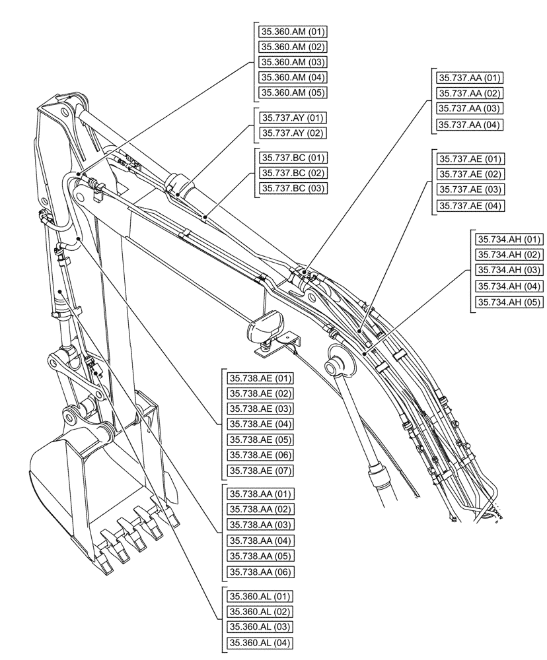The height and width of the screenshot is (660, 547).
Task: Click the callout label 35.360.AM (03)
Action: (x=293, y=62)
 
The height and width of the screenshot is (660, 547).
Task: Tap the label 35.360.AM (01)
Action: (x=293, y=31)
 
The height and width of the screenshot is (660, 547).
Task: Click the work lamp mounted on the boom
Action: (x=266, y=327)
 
